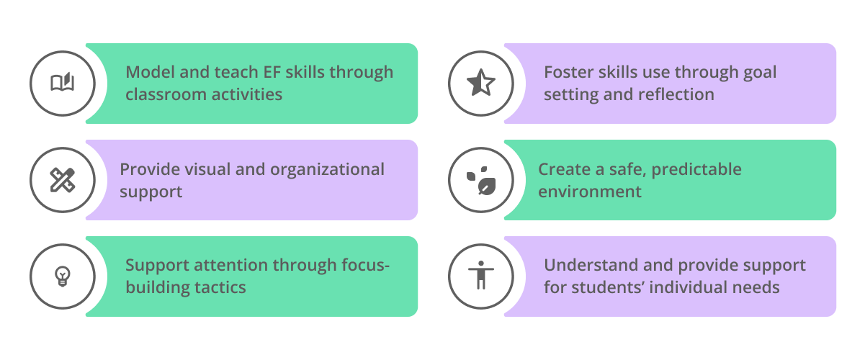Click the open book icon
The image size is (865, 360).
[x=62, y=84]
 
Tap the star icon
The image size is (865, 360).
[x=480, y=84]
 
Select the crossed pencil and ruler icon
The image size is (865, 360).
[x=62, y=180]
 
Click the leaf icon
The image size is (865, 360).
[x=480, y=180]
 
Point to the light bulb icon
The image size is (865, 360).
[x=62, y=276]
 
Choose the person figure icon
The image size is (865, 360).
[x=480, y=276]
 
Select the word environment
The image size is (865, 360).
[x=590, y=192]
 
